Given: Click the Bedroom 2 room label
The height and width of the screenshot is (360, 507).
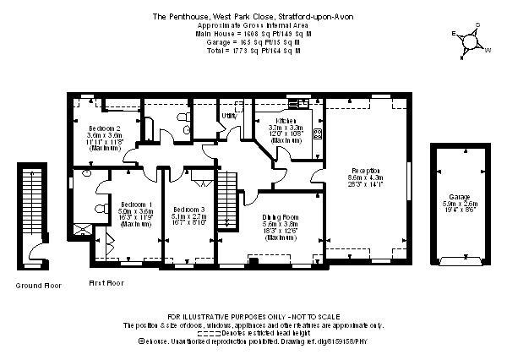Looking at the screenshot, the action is click(x=104, y=128).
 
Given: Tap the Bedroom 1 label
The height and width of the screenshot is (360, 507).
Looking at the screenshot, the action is click(x=136, y=205).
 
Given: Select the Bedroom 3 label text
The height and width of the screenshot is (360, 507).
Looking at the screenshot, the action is click(x=188, y=209).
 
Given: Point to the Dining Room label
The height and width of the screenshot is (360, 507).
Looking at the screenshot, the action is click(x=280, y=217).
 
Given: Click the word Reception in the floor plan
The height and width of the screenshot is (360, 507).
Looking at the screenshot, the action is click(x=364, y=169).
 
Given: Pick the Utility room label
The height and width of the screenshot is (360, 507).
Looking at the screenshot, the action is click(x=227, y=115).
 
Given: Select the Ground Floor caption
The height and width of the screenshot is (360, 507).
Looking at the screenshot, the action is click(x=39, y=286).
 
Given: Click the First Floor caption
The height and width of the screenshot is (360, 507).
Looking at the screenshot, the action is click(x=106, y=282).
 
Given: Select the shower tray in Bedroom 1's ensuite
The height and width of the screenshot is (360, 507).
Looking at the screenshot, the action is click(x=83, y=228).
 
